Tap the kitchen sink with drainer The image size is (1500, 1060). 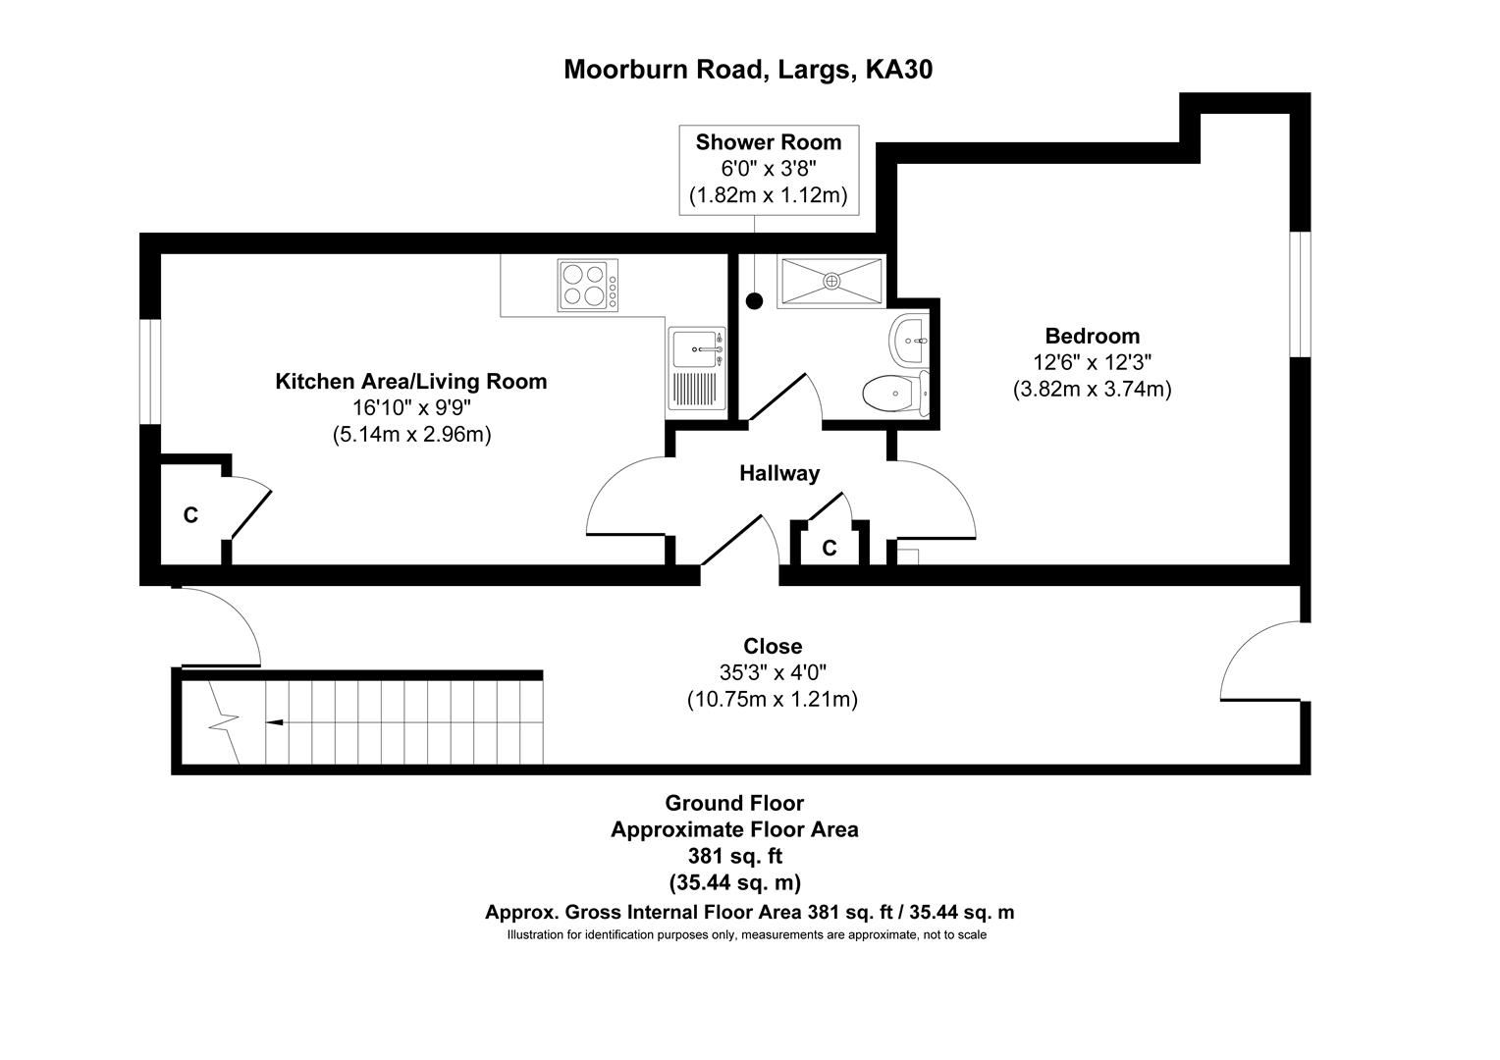coord(697,368)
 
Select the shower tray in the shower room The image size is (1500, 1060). coord(831,282)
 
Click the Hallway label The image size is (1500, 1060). coord(778,473)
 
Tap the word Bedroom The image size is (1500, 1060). coord(1092,336)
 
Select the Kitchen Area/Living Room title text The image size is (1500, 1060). coord(410,382)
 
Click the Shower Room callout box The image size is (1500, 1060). coord(769,169)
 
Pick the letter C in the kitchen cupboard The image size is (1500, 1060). coord(190,514)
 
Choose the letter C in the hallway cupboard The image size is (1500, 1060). coord(830,549)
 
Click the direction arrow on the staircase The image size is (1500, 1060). coord(276,722)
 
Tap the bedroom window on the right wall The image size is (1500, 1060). coord(1300,293)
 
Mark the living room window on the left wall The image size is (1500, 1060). coord(150,372)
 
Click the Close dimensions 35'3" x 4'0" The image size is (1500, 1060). coord(773,673)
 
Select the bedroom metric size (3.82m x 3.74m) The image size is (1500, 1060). coord(1092,389)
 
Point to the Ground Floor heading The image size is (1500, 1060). coord(734,803)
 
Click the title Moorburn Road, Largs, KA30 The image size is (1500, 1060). coord(748,70)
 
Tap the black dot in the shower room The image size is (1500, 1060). coord(754,301)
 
